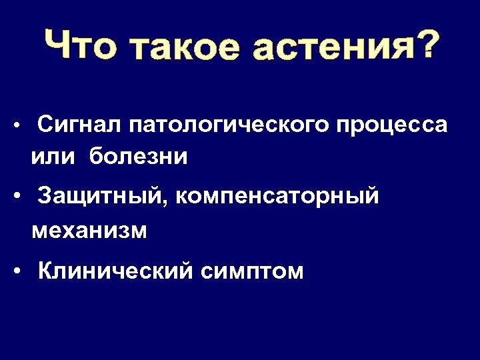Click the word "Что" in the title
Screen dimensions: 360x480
[80, 46]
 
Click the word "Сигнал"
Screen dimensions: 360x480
[79, 124]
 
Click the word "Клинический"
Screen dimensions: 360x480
[117, 271]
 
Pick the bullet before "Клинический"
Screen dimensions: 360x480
[22, 271]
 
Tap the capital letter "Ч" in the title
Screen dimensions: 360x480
[58, 45]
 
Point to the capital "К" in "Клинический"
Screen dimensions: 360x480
[46, 271]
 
